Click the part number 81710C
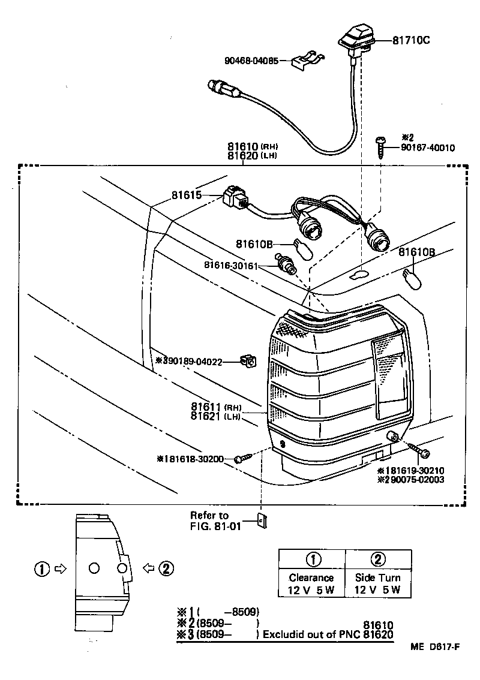(412, 41)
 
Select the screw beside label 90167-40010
(379, 146)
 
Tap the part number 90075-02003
(415, 480)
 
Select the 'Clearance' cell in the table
(311, 578)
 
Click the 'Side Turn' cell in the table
(377, 578)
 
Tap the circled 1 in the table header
(311, 559)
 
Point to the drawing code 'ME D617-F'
(435, 647)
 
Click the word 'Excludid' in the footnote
(286, 634)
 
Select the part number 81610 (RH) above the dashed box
(243, 146)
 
